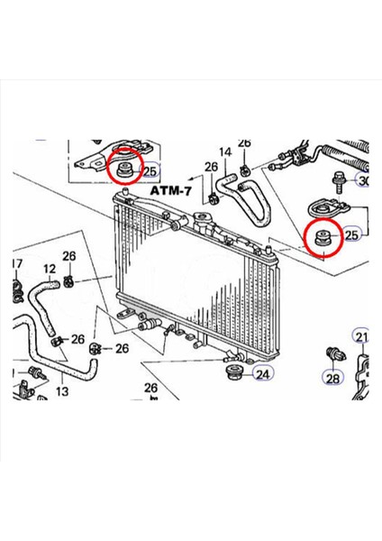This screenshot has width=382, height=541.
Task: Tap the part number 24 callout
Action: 262,373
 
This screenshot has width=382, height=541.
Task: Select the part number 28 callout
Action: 332,380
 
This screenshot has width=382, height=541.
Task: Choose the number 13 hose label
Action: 61,391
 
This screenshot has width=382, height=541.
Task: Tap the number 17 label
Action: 15,264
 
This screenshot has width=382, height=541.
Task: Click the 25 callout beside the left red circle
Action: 150,170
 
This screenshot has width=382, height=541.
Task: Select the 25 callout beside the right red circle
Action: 351,235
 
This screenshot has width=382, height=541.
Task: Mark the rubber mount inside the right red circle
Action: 323,237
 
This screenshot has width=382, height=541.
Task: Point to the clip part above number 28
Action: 334,353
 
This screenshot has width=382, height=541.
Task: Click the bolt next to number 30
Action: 341,180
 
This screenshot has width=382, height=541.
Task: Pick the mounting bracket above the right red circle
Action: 325,206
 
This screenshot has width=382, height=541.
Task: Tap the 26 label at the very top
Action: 245,143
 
